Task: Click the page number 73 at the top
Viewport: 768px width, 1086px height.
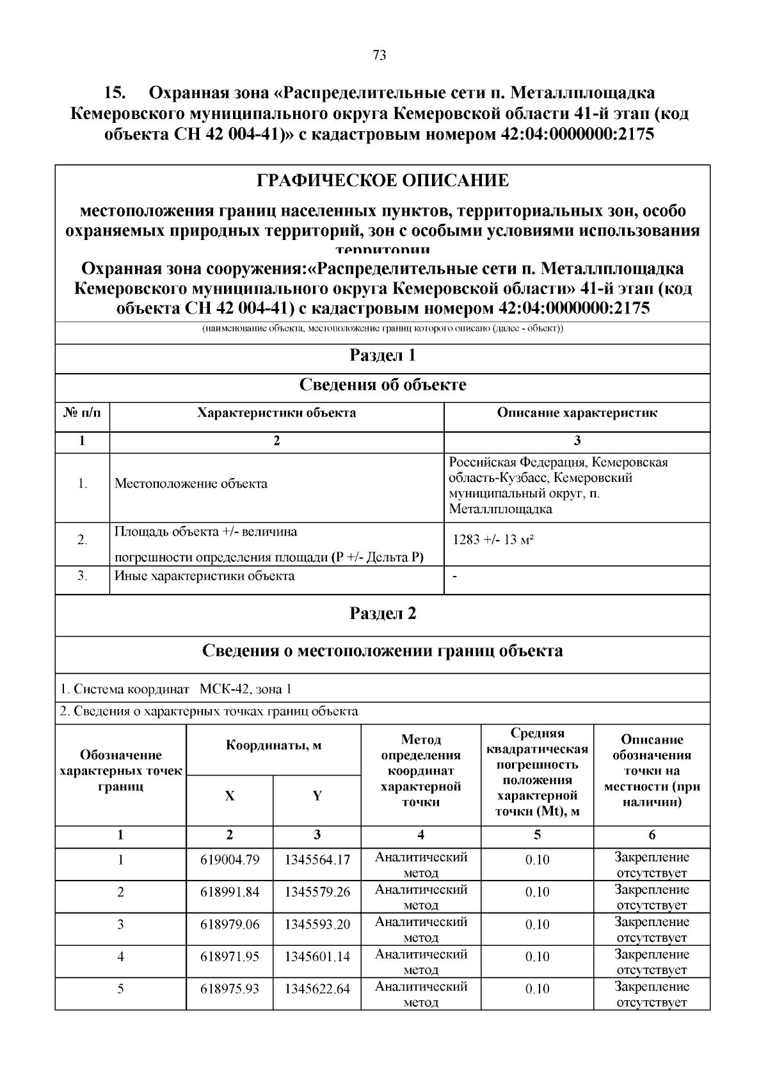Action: point(379,56)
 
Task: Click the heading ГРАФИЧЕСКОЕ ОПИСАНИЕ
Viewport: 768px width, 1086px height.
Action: point(383,180)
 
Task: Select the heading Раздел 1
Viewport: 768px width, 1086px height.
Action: point(383,355)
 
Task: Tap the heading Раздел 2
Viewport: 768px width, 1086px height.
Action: point(383,613)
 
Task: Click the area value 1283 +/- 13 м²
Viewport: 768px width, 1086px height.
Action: point(493,539)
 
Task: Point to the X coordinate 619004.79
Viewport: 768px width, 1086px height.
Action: point(230,859)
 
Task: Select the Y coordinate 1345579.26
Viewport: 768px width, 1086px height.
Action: point(317,892)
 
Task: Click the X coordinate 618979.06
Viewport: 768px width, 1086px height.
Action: point(230,924)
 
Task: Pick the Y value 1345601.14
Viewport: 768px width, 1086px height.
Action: point(317,957)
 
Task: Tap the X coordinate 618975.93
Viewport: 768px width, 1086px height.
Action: point(230,989)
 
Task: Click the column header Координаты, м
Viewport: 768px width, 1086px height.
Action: point(273,746)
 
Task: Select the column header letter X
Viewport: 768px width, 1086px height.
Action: point(229,796)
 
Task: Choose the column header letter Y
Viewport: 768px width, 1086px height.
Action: point(317,796)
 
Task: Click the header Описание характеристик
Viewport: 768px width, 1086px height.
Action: point(577,413)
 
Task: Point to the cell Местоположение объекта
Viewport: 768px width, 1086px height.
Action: point(191,484)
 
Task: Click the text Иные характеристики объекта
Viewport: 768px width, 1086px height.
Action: point(204,576)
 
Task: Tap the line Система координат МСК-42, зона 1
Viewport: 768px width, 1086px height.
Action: point(176,689)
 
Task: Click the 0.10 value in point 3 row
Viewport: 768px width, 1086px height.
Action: point(537,924)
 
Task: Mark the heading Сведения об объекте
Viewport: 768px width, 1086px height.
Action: point(383,385)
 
